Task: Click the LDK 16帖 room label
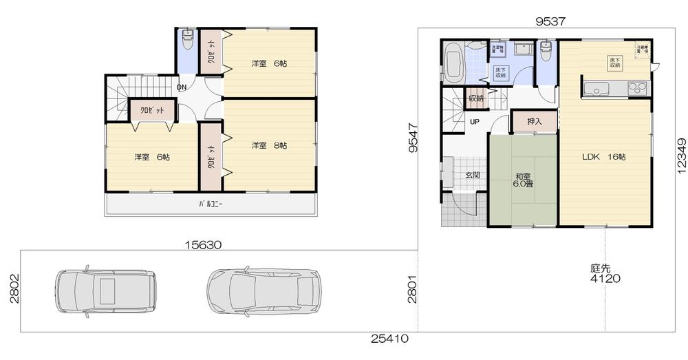tap(603, 157)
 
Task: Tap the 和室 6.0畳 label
tap(524, 180)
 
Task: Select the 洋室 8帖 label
tap(268, 146)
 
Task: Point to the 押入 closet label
tap(535, 122)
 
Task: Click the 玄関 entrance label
tap(473, 175)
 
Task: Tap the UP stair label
tap(474, 122)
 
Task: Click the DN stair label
tap(182, 87)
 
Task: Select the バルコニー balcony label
tap(211, 204)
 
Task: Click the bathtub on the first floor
tap(453, 63)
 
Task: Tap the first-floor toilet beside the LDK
tap(546, 50)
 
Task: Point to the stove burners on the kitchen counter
tap(637, 88)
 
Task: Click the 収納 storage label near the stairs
tap(476, 98)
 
